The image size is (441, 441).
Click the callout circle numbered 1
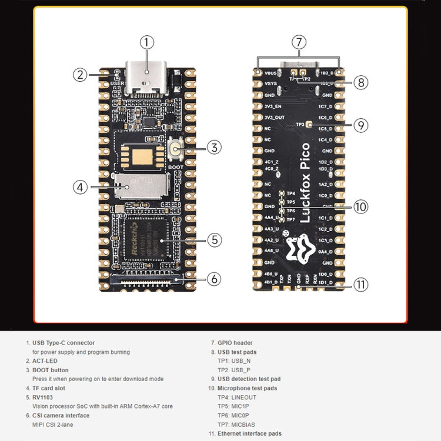tap(147, 42)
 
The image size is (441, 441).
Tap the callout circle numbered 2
tap(81, 75)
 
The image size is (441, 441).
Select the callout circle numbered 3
tap(215, 148)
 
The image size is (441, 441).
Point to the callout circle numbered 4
tap(81, 187)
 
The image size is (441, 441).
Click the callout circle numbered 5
tap(215, 240)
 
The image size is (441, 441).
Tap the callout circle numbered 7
tap(299, 42)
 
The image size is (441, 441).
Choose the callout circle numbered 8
tap(360, 82)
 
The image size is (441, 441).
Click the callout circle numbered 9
tap(360, 125)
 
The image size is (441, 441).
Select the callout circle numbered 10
tap(360, 206)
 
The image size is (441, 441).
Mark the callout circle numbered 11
tap(360, 285)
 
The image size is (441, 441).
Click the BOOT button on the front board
tap(175, 149)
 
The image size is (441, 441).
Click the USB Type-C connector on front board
tap(147, 79)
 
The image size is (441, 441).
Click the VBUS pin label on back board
tap(271, 73)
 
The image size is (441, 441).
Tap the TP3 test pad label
tap(300, 125)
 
